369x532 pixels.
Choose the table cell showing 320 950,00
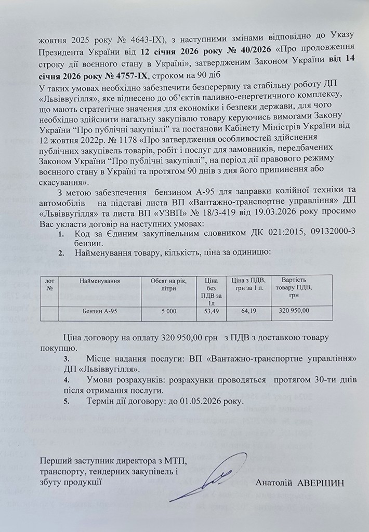point(294,311)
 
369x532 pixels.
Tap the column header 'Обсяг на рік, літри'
point(169,285)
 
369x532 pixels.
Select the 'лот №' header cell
point(50,284)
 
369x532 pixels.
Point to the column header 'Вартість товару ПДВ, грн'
point(294,284)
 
